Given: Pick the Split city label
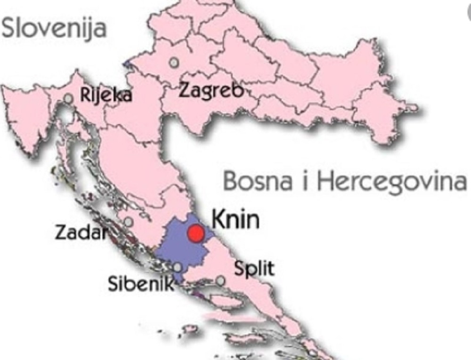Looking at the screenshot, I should (x=254, y=269).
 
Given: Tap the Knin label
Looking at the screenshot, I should (x=235, y=219).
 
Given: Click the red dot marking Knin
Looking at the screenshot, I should (x=195, y=233).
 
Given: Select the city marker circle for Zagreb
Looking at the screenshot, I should (x=175, y=62).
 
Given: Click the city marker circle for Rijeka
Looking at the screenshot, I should (x=69, y=98).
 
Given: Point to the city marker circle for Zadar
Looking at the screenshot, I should (x=128, y=222).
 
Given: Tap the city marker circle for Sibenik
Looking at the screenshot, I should (x=177, y=267).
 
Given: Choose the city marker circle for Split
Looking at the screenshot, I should (x=220, y=281).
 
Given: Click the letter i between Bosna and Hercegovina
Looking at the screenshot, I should (x=305, y=181).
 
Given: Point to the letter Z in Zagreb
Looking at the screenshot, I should (x=184, y=90).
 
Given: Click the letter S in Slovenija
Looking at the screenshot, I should (x=10, y=28).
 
